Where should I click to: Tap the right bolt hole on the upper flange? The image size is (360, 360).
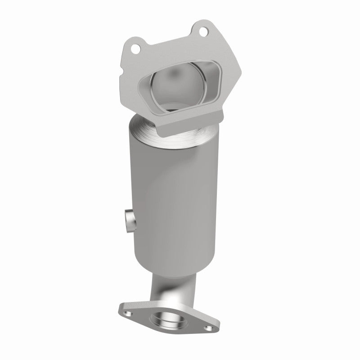click(x=203, y=31)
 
